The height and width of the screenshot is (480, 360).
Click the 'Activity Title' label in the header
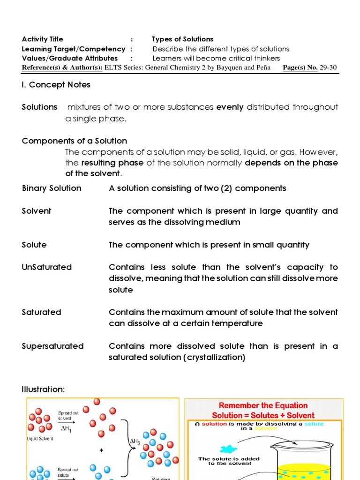coord(42,39)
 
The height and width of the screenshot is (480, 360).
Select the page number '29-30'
coord(328,68)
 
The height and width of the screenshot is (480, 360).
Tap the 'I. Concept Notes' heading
coord(56,85)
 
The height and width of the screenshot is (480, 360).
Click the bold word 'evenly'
coord(230,107)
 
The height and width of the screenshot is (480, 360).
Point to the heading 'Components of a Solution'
coord(75,141)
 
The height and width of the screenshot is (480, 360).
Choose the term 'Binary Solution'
coord(52,188)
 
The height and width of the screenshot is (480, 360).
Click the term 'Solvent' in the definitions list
coord(37,211)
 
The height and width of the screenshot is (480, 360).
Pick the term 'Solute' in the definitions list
coord(34,245)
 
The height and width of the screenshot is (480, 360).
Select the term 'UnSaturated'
coord(47,267)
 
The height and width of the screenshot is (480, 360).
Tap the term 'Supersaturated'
coord(52,346)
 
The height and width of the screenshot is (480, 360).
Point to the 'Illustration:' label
coord(43,390)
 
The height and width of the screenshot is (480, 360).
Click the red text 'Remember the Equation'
coord(263,405)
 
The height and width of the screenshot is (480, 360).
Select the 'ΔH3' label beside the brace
coord(135,442)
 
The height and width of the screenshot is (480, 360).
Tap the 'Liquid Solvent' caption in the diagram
coord(40,439)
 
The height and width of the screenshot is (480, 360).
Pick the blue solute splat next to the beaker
coord(229,450)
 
